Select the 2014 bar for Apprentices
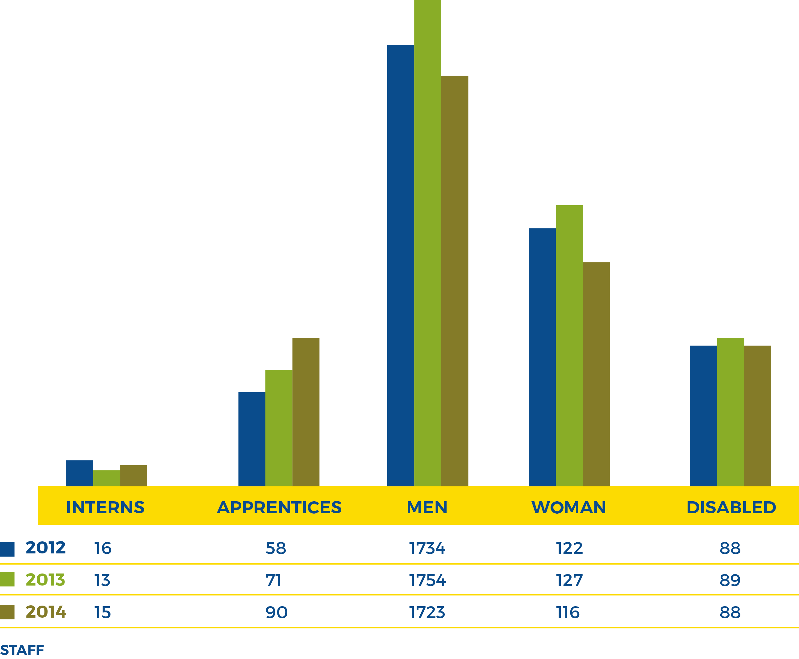[306, 411]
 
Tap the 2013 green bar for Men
[427, 243]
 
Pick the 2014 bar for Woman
[596, 374]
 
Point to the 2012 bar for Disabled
[703, 416]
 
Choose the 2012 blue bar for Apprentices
[252, 439]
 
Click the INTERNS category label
[105, 507]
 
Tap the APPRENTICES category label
[279, 507]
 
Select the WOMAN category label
[568, 507]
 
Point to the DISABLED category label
[731, 507]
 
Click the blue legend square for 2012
[7, 549]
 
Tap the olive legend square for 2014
[7, 612]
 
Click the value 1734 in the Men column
[427, 548]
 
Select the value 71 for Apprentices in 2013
[273, 580]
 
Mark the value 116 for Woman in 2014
[568, 613]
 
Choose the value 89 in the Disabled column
[730, 580]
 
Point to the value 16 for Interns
[102, 548]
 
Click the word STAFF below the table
[22, 650]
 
